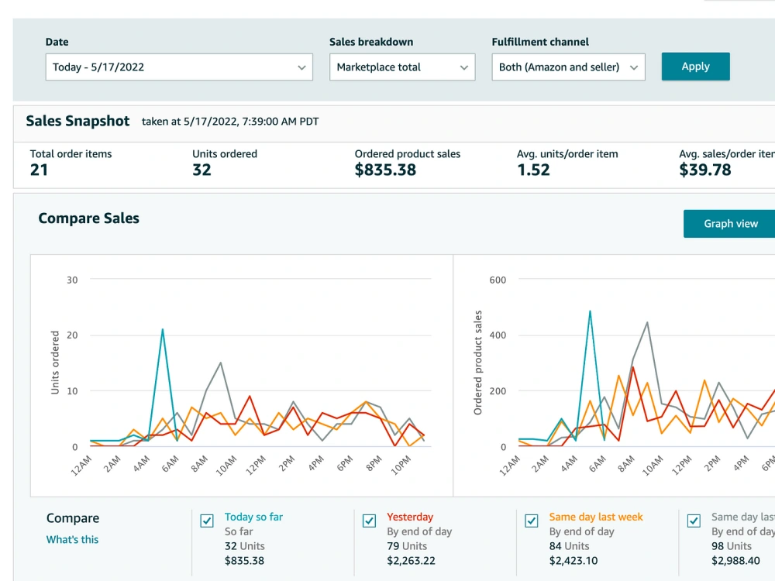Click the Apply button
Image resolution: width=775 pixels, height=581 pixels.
[695, 66]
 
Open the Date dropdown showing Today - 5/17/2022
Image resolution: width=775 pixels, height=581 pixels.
[179, 67]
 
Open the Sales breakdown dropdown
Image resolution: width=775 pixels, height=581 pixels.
[402, 67]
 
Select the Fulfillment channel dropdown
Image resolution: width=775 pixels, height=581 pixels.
[568, 67]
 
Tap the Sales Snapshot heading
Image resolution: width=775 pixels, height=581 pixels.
[77, 121]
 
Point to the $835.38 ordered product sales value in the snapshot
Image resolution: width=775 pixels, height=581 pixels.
[385, 170]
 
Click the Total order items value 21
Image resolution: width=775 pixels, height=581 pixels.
[39, 170]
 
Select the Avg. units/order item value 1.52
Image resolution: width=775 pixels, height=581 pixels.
[533, 170]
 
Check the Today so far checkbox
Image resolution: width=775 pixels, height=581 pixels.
[207, 521]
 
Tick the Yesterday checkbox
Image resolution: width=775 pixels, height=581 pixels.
[369, 521]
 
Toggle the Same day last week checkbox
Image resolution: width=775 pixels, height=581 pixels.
[532, 521]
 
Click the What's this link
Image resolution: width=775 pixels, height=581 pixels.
[72, 539]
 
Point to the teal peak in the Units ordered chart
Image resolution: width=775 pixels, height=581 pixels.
[163, 329]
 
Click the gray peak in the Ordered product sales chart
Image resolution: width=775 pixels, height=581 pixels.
[647, 322]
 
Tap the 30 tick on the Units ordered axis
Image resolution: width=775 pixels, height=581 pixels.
[72, 280]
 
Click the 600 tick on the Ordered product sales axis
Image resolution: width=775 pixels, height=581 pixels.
[498, 280]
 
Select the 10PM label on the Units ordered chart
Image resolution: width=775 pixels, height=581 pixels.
[401, 466]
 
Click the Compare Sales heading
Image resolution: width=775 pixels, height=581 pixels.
[89, 218]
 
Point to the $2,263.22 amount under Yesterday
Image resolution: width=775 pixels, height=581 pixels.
[412, 561]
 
